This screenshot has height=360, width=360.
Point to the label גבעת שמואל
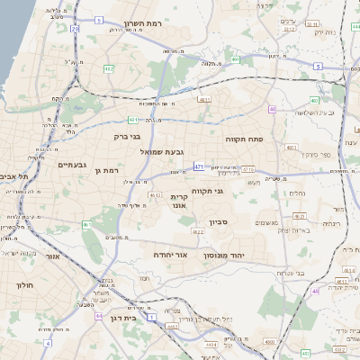coord(161,152)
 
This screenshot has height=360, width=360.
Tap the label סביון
coord(220,222)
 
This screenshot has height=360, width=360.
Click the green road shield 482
coord(108,68)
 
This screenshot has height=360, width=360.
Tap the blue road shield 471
coord(198,166)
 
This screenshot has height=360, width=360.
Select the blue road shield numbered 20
coord(75,29)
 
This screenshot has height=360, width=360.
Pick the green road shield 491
coord(235,59)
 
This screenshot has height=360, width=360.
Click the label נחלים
coord(296,193)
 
